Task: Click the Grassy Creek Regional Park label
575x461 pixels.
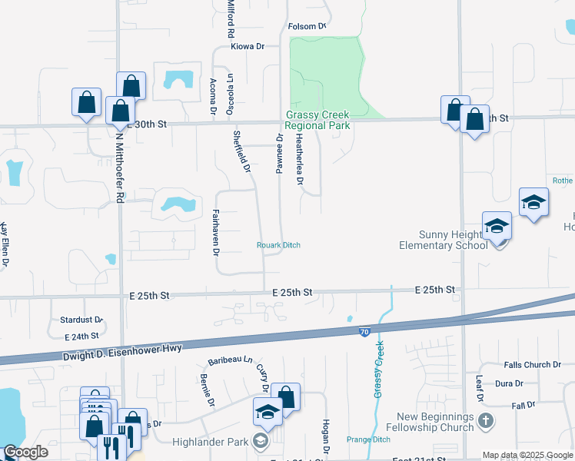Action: [317, 120]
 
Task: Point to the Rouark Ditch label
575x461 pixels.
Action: [278, 245]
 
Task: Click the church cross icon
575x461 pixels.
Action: [485, 420]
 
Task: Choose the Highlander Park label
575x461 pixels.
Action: [224, 440]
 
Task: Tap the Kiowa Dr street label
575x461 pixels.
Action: [248, 47]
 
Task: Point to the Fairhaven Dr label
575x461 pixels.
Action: [216, 233]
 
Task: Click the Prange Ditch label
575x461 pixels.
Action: [368, 439]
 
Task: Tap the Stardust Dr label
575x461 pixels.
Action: [81, 319]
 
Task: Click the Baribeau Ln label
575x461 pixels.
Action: [230, 360]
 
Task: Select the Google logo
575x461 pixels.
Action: [26, 453]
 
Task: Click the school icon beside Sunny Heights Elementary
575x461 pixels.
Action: [497, 227]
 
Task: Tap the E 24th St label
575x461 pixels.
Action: [82, 336]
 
